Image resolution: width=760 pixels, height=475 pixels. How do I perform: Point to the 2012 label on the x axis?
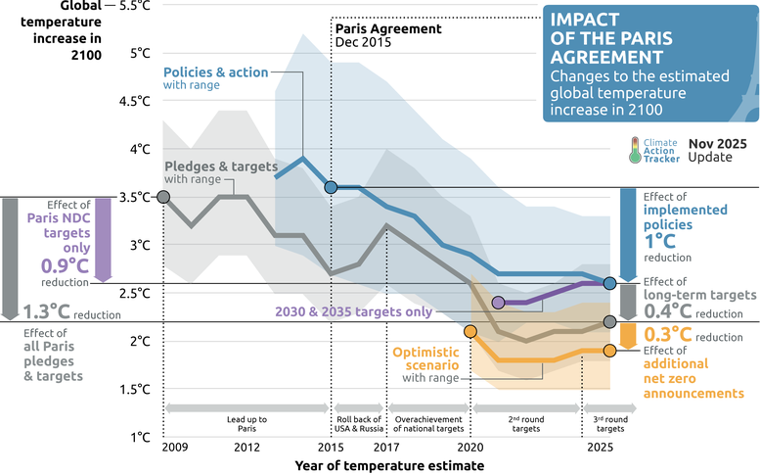246,448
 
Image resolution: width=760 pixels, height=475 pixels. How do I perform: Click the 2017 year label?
388,448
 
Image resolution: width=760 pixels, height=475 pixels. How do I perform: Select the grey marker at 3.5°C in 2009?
164,197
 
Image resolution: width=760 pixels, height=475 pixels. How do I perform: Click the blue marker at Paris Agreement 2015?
332,187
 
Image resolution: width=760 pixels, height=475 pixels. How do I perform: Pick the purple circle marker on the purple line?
499,303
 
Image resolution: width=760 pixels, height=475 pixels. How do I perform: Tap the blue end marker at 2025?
610,283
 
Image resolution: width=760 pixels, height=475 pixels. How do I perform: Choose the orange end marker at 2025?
610,351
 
